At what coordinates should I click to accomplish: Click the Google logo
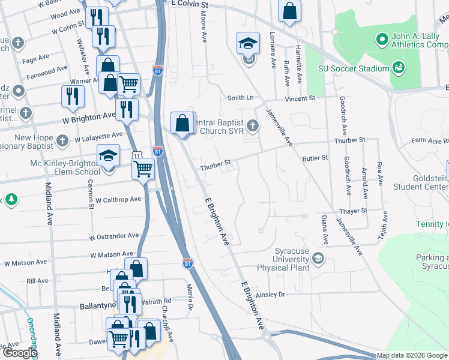click(x=19, y=353)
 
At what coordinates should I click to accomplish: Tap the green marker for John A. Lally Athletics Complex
click(x=381, y=40)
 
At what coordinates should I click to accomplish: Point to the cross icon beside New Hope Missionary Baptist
click(x=62, y=141)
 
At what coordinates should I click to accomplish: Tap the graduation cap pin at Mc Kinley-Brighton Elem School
click(x=109, y=157)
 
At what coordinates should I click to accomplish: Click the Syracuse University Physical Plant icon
click(x=318, y=259)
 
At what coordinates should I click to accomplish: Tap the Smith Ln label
click(x=240, y=97)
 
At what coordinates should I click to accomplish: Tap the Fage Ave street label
click(x=35, y=58)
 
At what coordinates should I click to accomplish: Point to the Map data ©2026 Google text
click(x=411, y=355)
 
